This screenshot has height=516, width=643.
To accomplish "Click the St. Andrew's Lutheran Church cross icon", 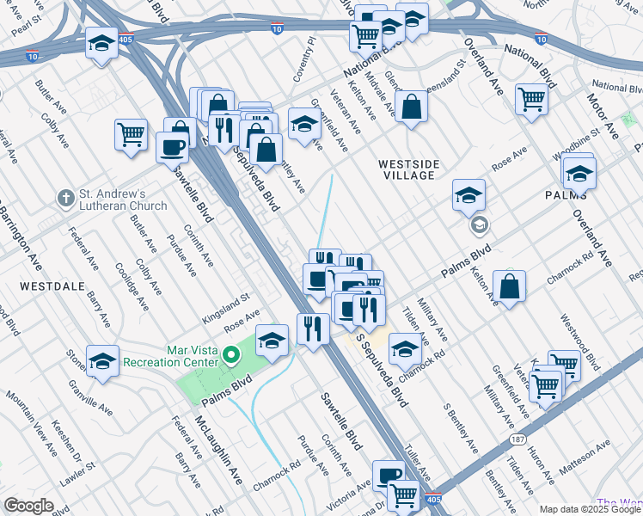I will click(x=65, y=200).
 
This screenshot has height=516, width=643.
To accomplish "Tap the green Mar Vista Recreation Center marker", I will click(x=230, y=354).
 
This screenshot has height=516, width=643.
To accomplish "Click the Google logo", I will click(x=29, y=506).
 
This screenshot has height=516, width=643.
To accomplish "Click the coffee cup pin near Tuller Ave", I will click(x=389, y=476).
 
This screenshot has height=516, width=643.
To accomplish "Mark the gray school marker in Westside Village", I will click(x=479, y=226).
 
